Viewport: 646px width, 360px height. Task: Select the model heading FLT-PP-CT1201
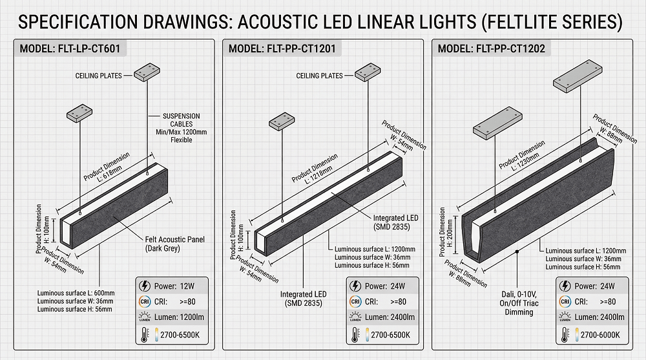281,49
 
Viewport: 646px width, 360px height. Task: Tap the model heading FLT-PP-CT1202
491,49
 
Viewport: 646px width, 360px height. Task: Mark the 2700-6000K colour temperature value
600,335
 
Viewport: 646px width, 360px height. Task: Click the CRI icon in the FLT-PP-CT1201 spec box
355,302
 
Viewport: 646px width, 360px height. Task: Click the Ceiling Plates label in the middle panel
319,76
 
